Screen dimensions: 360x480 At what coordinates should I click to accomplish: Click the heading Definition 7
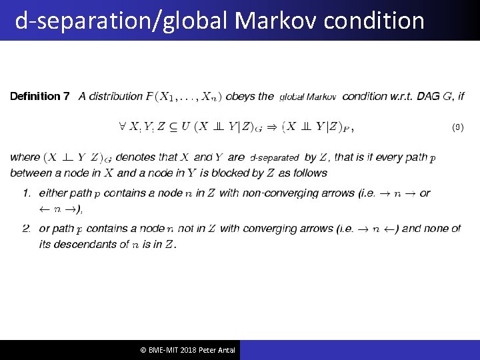[x=39, y=97]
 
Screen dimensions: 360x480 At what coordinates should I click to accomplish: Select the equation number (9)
[x=457, y=127]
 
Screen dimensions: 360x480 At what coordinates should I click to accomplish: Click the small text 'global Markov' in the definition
[x=307, y=97]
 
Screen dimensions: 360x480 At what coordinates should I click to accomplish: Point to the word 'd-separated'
[x=274, y=158]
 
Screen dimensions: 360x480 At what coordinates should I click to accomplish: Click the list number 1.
[x=26, y=193]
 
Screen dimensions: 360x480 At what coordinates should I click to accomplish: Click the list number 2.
[x=26, y=228]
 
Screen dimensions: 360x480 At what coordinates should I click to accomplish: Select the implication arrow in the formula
[x=272, y=127]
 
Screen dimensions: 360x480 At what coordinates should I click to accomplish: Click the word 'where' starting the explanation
[x=25, y=158]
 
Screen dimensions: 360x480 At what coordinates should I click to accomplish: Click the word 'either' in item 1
[x=53, y=193]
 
